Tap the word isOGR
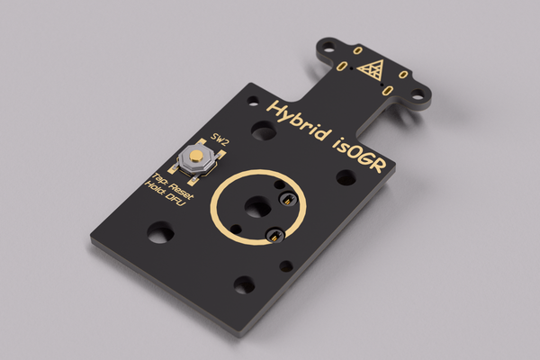click(x=359, y=154)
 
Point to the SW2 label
click(x=220, y=139)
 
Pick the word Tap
click(x=158, y=178)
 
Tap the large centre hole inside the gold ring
click(x=258, y=207)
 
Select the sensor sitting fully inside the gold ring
click(x=287, y=200)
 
